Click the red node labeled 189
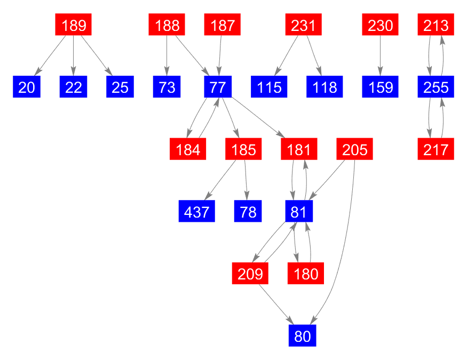point(74,25)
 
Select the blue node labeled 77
point(218,87)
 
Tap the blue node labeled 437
point(197,212)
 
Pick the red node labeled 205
point(355,149)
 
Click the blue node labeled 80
point(302,336)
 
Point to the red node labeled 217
point(436,149)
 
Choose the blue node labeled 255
point(436,87)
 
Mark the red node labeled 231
point(303,25)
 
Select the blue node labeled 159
point(380,87)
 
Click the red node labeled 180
point(306,274)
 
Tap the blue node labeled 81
point(298,212)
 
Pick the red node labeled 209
point(250,274)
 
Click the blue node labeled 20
point(27,87)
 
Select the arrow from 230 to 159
point(380,56)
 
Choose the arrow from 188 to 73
point(167,56)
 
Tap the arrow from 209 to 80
point(275,304)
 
